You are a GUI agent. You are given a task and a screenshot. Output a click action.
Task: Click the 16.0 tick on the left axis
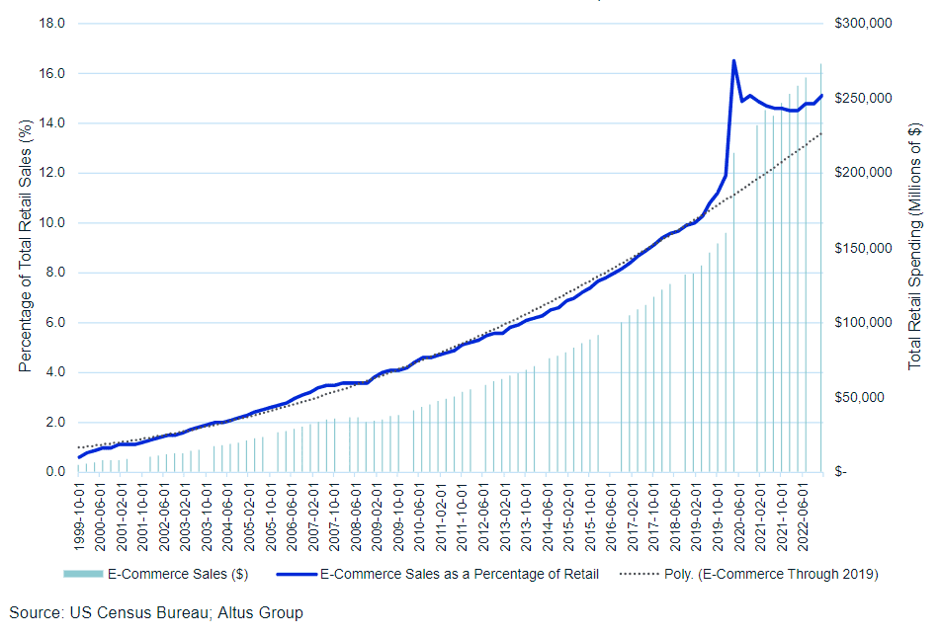[x=52, y=74]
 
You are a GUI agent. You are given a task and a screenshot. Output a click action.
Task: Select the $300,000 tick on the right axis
[x=866, y=24]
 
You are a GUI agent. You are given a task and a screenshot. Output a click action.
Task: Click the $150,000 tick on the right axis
[x=866, y=248]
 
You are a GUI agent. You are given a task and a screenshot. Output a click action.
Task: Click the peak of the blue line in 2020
[x=733, y=61]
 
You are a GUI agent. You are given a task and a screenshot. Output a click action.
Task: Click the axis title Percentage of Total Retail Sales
[x=27, y=246]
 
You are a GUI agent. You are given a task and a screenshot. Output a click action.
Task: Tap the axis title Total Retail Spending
[x=914, y=246]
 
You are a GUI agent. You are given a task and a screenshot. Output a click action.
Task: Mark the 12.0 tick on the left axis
[x=52, y=174]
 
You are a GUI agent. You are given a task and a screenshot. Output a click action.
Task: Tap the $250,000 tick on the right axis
[x=866, y=99]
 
